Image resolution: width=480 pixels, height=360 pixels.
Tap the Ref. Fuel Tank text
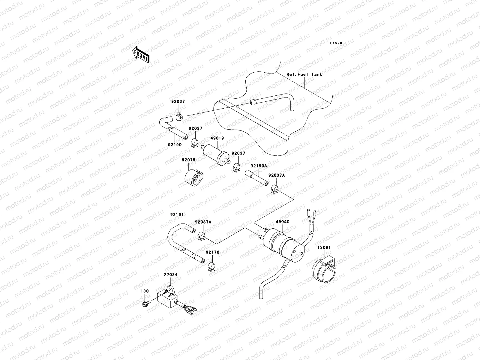[304, 74]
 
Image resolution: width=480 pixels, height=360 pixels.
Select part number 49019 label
[217, 138]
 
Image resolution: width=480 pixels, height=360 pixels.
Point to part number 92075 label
[188, 160]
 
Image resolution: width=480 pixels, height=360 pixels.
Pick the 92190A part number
[259, 166]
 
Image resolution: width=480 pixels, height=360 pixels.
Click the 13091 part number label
[324, 248]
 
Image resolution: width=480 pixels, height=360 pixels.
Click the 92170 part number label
[212, 252]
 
